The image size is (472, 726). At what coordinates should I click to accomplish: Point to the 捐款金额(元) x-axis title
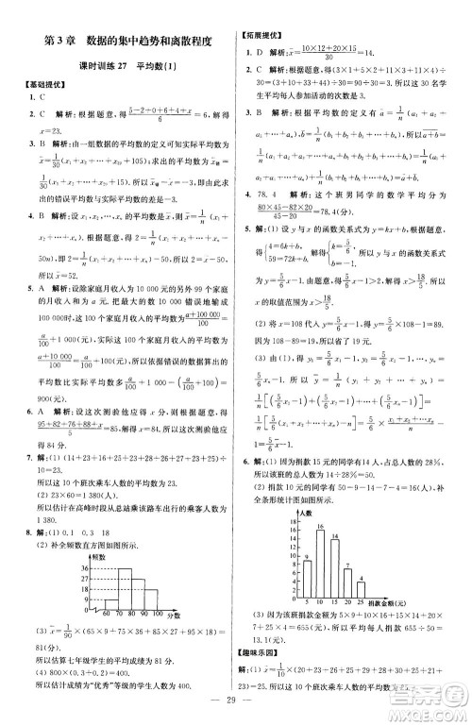pos(382,602)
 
